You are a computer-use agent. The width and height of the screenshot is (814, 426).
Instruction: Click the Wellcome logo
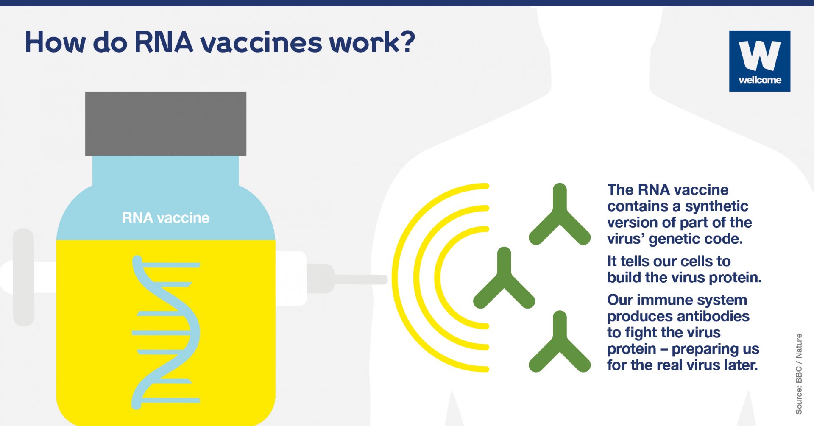pyautogui.click(x=760, y=61)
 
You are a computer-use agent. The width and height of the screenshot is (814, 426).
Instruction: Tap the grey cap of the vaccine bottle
pyautogui.click(x=166, y=123)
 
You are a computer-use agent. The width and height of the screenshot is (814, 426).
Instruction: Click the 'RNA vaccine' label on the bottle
pyautogui.click(x=166, y=218)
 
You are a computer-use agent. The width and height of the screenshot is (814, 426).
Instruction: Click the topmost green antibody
pyautogui.click(x=560, y=214)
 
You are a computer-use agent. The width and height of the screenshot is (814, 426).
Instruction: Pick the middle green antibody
pyautogui.click(x=504, y=278)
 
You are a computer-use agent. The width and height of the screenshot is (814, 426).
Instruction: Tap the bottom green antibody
pyautogui.click(x=560, y=342)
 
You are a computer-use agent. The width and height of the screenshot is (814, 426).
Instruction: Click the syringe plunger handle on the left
pyautogui.click(x=23, y=277)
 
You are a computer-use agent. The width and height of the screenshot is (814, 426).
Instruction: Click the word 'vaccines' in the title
pyautogui.click(x=261, y=42)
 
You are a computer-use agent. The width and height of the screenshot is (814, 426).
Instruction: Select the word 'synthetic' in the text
pyautogui.click(x=716, y=206)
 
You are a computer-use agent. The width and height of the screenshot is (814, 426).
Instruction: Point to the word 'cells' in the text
pyautogui.click(x=693, y=261)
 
